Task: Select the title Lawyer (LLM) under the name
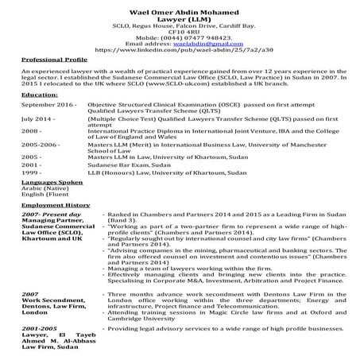pos(179,17)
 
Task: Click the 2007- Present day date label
pos(52,215)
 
